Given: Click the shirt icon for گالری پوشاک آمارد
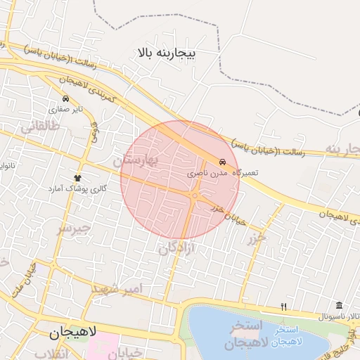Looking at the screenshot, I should click(78, 178).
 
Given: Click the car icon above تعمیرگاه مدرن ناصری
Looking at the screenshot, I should click(223, 161).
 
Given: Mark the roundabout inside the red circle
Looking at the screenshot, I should click(194, 196).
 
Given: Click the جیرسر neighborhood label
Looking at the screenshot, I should click(74, 228).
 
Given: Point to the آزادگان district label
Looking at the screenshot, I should click(176, 247).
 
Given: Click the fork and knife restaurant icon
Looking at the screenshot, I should click(284, 307).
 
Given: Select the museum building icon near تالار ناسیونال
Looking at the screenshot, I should click(340, 305).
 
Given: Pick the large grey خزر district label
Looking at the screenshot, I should click(257, 237).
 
